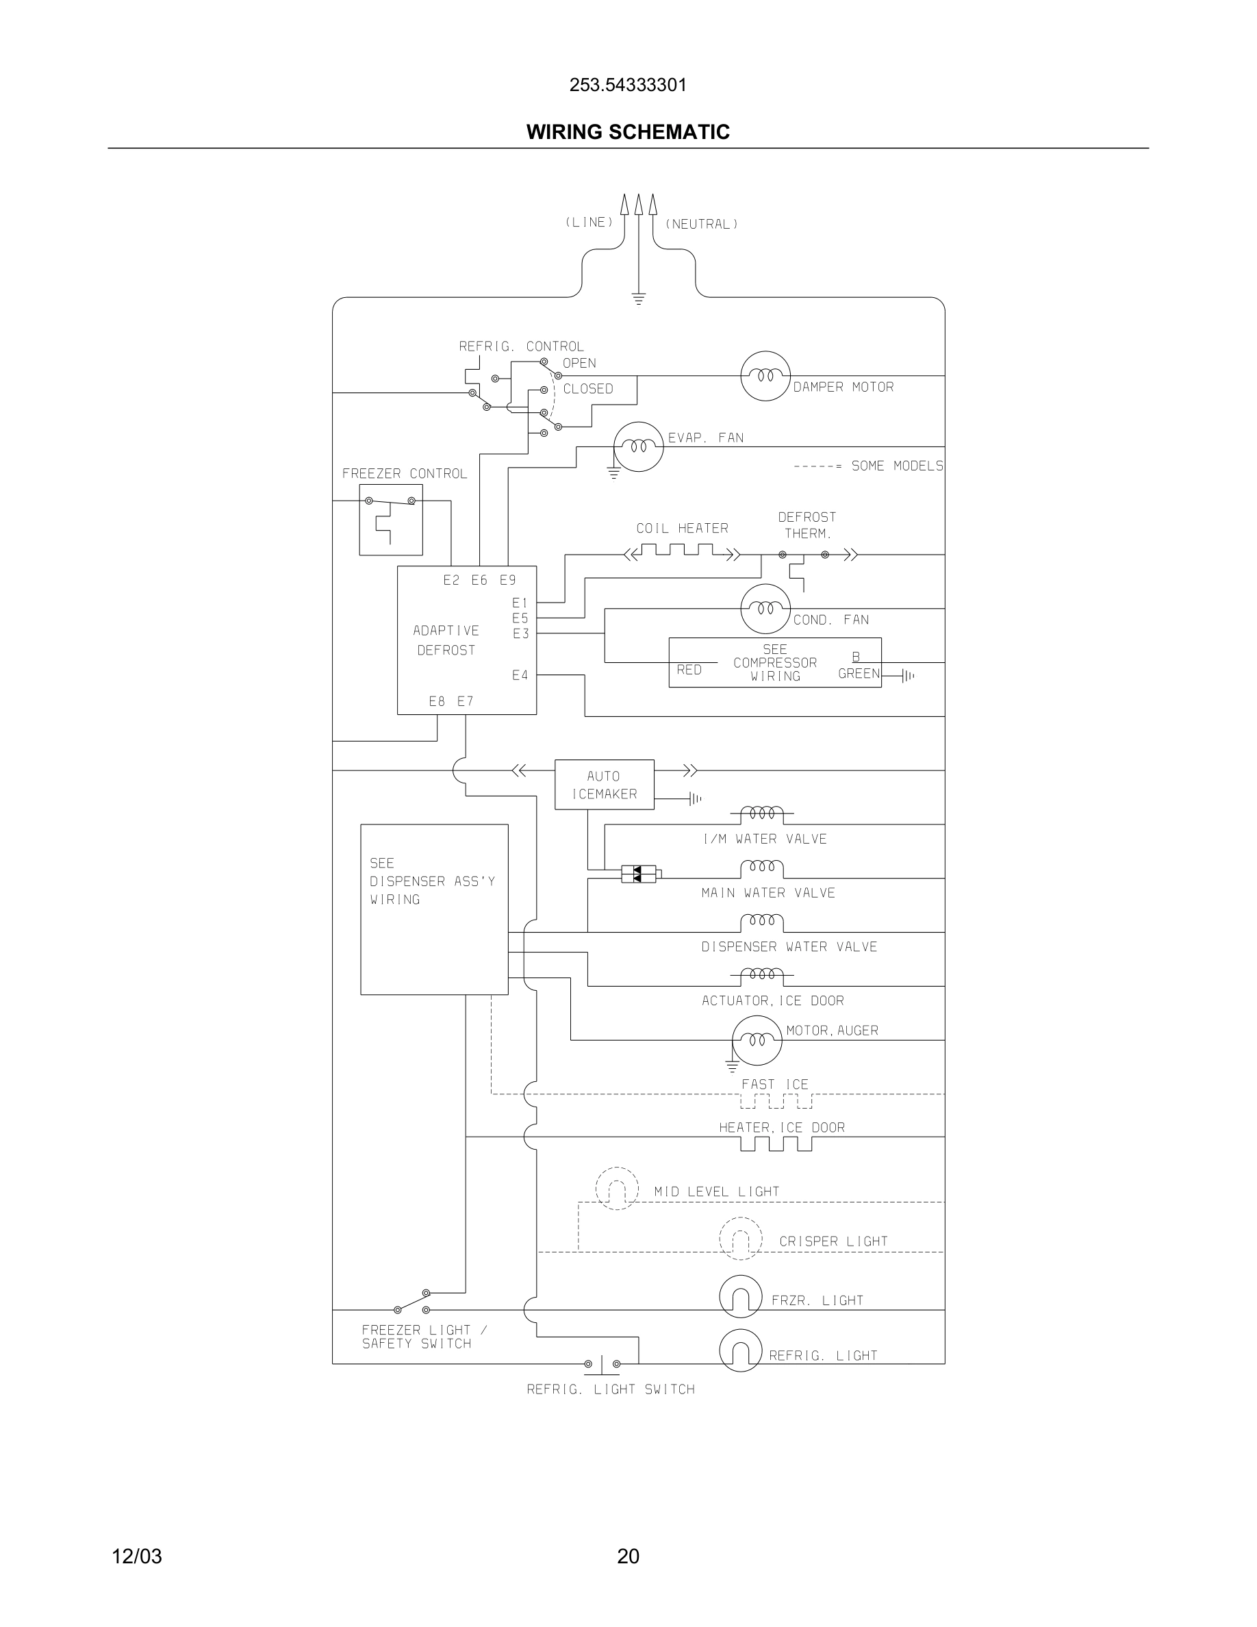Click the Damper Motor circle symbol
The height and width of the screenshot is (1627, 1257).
click(x=765, y=376)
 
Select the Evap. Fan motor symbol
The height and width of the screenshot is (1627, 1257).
click(x=638, y=447)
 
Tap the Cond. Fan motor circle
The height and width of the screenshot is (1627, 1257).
click(x=765, y=609)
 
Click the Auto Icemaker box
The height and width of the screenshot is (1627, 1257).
click(x=604, y=785)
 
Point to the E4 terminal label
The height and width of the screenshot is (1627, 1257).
click(x=520, y=675)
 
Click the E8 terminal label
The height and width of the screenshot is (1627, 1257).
click(x=437, y=701)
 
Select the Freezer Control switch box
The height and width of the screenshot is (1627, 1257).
click(x=391, y=519)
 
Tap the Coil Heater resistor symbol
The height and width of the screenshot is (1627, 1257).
click(x=682, y=551)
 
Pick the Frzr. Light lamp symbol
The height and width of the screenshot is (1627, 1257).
click(x=740, y=1296)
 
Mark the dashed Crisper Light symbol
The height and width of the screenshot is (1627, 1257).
click(x=740, y=1239)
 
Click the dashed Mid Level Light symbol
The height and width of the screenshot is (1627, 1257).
click(x=617, y=1188)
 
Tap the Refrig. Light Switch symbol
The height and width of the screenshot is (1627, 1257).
click(x=602, y=1364)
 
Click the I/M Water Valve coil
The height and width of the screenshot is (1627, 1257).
click(x=762, y=813)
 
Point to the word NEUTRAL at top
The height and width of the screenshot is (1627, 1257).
click(x=701, y=224)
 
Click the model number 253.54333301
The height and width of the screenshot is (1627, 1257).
click(x=628, y=85)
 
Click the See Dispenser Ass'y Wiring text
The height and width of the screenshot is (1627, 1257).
click(x=432, y=881)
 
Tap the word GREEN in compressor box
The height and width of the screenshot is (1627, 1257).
click(x=859, y=673)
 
